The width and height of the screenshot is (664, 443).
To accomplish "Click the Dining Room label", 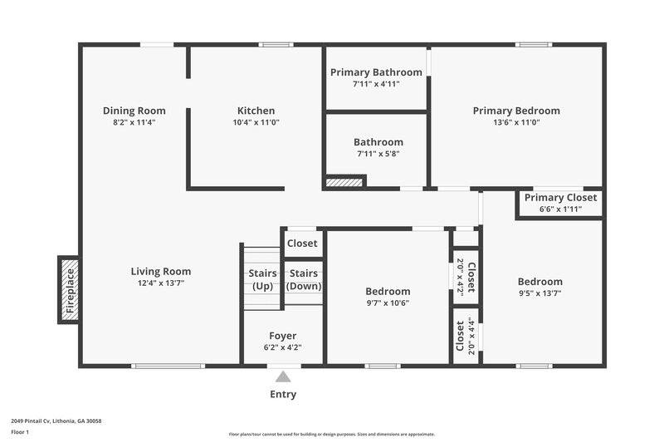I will [134, 111].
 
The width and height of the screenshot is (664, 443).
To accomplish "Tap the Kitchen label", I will [256, 111].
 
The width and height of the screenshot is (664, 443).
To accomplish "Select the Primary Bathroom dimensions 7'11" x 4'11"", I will [376, 84].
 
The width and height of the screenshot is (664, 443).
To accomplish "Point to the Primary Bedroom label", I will [516, 111].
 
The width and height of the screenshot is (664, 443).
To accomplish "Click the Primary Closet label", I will [560, 198].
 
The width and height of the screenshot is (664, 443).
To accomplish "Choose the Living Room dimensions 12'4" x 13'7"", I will [161, 283].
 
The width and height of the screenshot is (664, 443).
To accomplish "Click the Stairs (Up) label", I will [262, 279].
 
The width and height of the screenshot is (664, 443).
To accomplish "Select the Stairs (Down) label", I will [304, 279].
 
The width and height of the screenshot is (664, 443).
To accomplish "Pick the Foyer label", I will [282, 336].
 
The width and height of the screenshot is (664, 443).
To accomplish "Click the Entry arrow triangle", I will [283, 376].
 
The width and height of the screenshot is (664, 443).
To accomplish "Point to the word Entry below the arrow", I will [283, 394].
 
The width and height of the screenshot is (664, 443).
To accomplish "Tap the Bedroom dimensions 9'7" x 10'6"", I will [388, 303].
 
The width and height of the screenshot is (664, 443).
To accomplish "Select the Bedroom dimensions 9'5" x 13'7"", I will [539, 293].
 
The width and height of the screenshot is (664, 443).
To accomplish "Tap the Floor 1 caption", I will [20, 432].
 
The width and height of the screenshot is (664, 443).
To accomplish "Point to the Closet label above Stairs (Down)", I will [302, 244].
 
